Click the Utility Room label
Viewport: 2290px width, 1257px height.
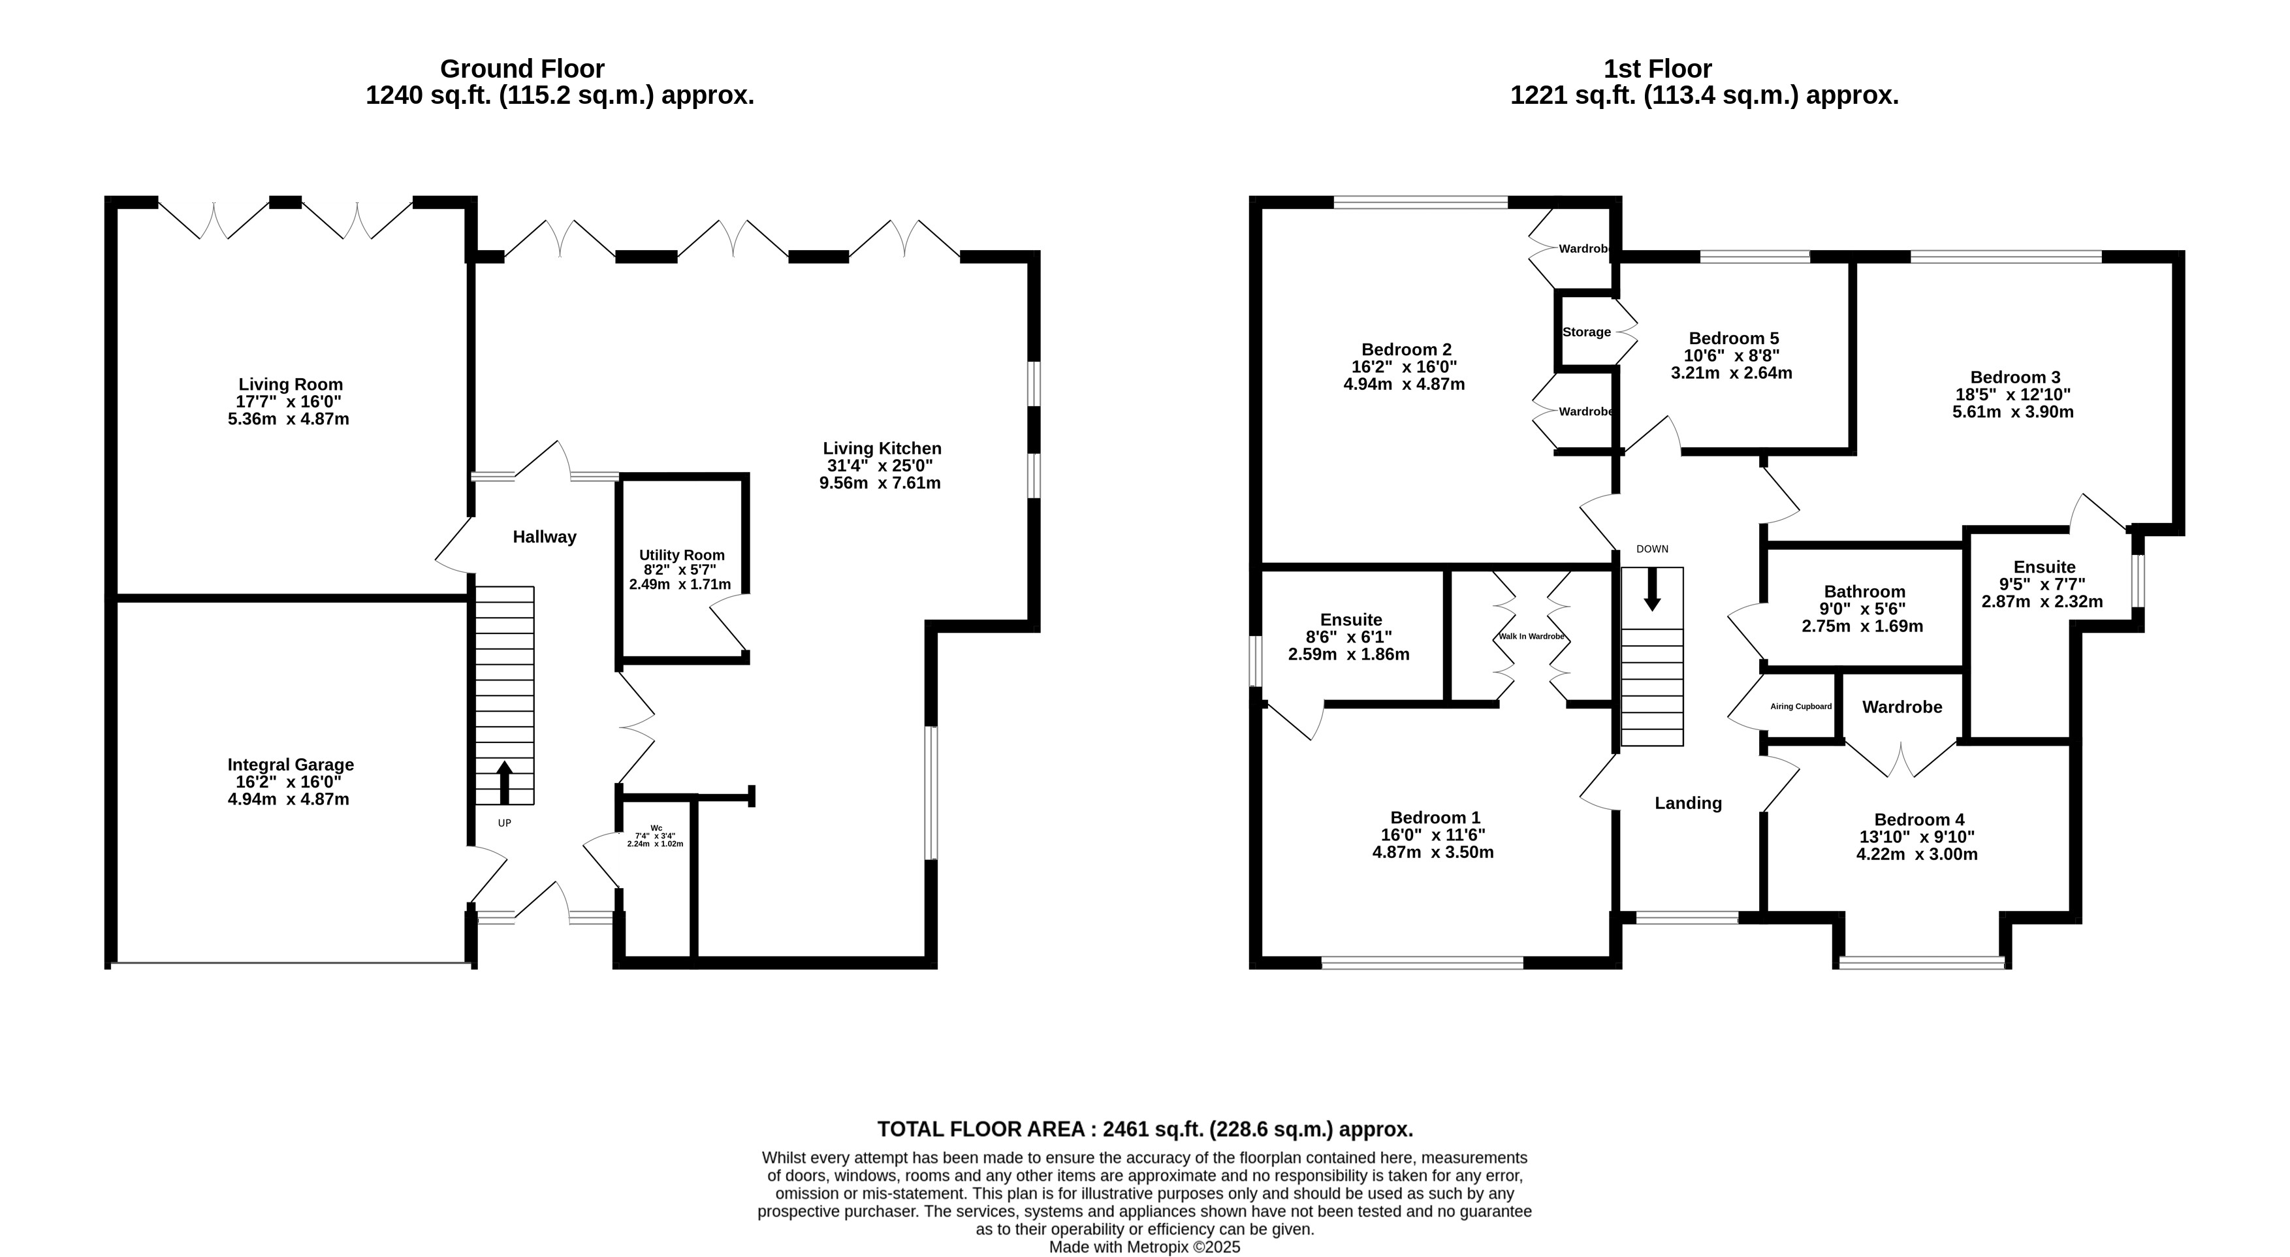click(x=682, y=555)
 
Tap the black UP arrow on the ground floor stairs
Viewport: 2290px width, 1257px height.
click(x=504, y=782)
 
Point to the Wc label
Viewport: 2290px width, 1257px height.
click(x=656, y=827)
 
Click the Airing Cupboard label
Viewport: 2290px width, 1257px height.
click(x=1801, y=707)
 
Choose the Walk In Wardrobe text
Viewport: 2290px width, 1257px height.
click(x=1531, y=637)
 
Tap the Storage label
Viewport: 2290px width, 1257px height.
click(x=1587, y=332)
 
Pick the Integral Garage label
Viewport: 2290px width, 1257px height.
click(x=291, y=765)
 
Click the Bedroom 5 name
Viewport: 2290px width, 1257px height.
click(x=1734, y=338)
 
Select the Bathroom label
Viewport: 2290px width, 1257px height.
click(x=1865, y=591)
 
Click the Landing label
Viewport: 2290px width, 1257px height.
click(x=1688, y=803)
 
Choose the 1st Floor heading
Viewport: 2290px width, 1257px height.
click(x=1658, y=69)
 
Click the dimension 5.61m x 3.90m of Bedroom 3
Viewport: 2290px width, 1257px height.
click(x=2012, y=411)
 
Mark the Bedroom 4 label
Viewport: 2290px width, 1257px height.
click(x=1919, y=819)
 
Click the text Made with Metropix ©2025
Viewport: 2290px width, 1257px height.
click(x=1145, y=1247)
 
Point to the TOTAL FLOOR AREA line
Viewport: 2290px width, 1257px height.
click(x=1145, y=1129)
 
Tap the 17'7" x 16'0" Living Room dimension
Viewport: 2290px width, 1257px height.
click(x=289, y=402)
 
